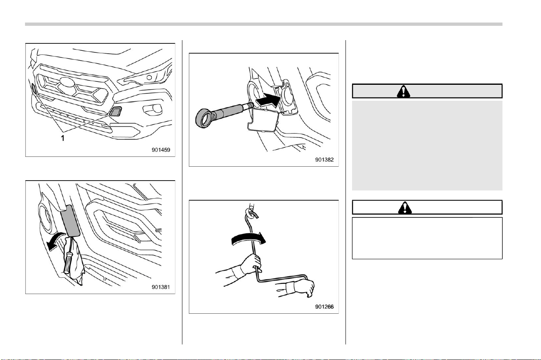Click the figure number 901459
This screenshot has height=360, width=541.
[161, 150]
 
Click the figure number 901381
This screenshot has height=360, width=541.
[161, 287]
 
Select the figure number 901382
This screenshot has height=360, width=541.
[324, 160]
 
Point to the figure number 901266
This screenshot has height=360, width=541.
[324, 307]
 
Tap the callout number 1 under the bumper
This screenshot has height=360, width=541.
[63, 138]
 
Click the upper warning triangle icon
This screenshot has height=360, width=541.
[403, 91]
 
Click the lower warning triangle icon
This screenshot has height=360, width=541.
[405, 208]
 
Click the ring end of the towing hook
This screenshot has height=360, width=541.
[205, 118]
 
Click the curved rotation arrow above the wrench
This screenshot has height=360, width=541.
[248, 239]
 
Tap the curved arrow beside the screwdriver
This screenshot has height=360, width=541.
[57, 241]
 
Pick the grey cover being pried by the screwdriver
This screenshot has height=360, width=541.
[70, 221]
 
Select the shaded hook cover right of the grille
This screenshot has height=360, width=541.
[116, 111]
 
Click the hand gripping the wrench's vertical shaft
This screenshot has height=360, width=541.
[251, 264]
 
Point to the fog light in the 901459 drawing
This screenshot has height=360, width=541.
[152, 109]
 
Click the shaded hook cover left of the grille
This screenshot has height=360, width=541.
[34, 88]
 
